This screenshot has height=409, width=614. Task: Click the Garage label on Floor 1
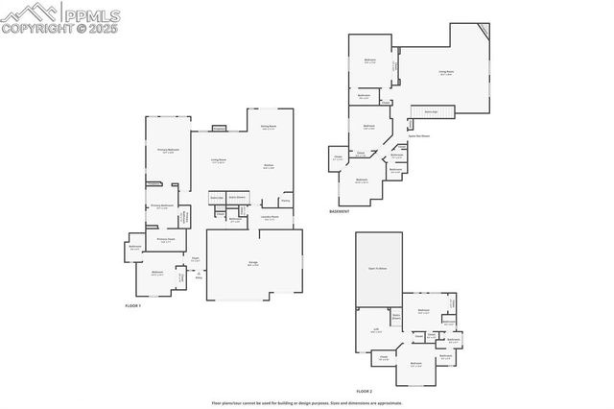(x=253, y=263)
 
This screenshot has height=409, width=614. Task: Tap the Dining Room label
(x=269, y=127)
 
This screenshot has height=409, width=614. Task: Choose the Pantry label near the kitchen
(x=285, y=201)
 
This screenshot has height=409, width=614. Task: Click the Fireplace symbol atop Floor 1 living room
(x=219, y=127)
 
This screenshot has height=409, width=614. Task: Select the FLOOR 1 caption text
(x=133, y=305)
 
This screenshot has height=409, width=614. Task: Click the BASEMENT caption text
(x=340, y=211)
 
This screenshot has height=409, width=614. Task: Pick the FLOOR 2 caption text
(x=364, y=391)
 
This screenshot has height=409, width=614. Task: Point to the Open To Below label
(x=376, y=268)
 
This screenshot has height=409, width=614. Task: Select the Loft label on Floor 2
(x=376, y=329)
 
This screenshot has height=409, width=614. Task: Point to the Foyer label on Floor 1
(x=195, y=258)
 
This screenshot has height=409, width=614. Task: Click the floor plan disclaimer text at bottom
(x=306, y=403)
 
